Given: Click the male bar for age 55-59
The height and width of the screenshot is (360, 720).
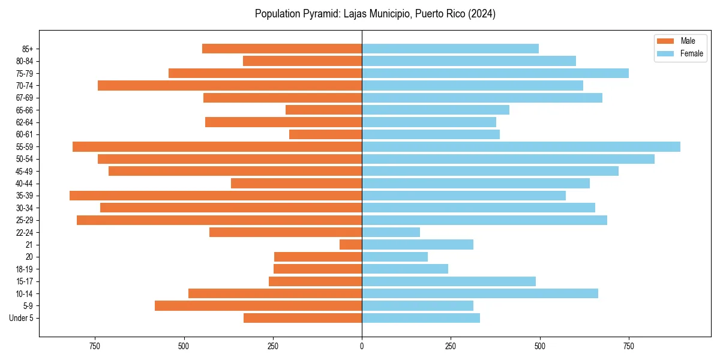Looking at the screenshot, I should (x=217, y=147).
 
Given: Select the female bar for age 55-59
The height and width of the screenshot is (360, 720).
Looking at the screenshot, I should (x=521, y=147).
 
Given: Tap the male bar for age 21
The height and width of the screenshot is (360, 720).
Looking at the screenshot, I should (x=351, y=245).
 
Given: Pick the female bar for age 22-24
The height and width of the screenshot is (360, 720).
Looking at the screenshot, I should (x=391, y=232).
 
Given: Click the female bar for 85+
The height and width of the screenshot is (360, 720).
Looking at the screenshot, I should (x=450, y=49).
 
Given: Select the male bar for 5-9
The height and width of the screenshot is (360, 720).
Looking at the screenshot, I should (x=258, y=306).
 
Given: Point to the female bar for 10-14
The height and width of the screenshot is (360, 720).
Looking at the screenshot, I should (x=480, y=293).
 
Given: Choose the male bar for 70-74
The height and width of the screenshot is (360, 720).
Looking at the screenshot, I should (x=230, y=86).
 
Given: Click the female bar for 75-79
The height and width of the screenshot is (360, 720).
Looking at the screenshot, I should (x=495, y=73).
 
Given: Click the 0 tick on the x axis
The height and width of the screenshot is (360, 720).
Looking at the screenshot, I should (x=362, y=346).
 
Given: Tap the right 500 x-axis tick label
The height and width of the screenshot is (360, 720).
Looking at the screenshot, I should (x=540, y=346).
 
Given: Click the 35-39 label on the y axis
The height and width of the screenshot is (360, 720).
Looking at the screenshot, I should (x=25, y=196).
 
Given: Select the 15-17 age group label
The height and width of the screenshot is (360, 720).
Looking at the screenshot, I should (x=25, y=281).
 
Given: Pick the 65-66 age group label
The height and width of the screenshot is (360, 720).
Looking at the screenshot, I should (x=25, y=110).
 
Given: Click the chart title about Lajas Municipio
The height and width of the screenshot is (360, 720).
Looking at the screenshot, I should (x=375, y=14).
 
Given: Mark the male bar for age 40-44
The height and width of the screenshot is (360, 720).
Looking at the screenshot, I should (x=296, y=184).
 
